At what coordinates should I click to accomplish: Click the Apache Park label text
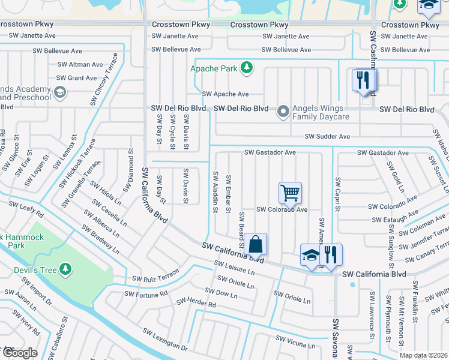tap(214, 68)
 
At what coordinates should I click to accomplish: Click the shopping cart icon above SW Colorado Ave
tap(290, 193)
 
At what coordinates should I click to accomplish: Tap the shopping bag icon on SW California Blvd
tap(255, 244)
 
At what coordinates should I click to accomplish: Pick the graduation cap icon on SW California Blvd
tap(311, 254)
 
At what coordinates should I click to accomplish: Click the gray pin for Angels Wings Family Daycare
tap(283, 111)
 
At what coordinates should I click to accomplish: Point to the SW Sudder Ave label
tap(327, 137)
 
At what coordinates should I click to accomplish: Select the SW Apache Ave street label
tap(225, 94)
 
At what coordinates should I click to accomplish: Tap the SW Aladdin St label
tap(215, 191)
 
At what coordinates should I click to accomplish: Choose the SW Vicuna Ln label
tap(295, 342)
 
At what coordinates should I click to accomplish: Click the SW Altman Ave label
tap(80, 64)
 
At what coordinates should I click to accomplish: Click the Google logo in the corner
tap(19, 353)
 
